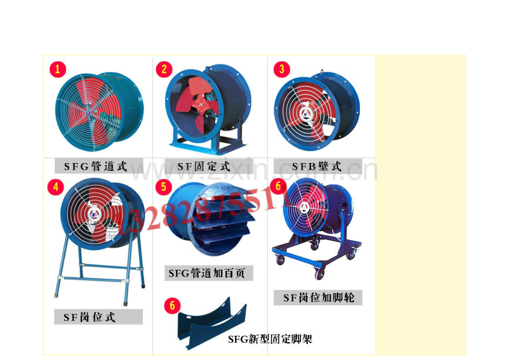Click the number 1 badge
click(x=58, y=69)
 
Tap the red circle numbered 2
click(x=164, y=69)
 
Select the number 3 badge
click(x=282, y=69)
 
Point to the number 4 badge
click(x=55, y=187)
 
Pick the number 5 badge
click(x=164, y=187)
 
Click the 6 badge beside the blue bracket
click(x=172, y=305)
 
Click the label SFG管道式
click(x=96, y=166)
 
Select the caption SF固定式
click(x=204, y=166)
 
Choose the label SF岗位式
click(x=90, y=317)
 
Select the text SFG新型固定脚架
click(x=270, y=338)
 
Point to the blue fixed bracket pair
click(x=212, y=324)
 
